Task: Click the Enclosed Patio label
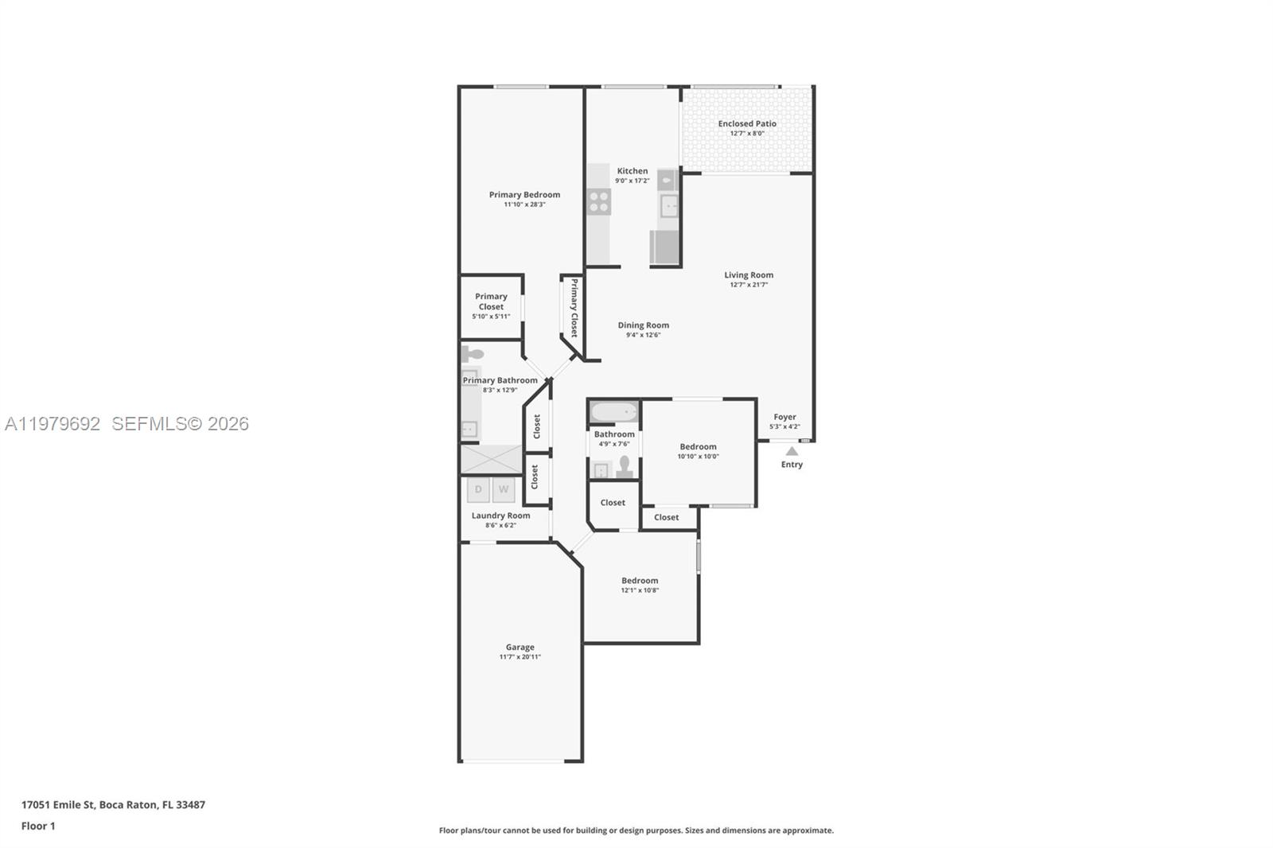point(746,123)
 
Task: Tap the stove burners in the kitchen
point(599,202)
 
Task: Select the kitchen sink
point(669,206)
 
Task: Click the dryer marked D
point(478,489)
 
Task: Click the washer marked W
point(503,489)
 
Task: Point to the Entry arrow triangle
point(792,451)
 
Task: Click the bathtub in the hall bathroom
point(614,412)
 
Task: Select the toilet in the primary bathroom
point(473,353)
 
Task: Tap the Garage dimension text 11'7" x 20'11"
point(520,657)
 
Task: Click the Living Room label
point(748,275)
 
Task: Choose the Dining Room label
point(643,325)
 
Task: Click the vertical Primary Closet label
point(574,308)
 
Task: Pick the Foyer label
point(784,417)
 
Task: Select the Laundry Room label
point(500,515)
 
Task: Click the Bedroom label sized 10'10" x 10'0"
point(698,447)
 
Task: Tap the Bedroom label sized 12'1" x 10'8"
point(640,581)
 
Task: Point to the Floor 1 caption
point(38,826)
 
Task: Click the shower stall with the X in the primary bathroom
point(490,460)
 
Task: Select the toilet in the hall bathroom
point(625,466)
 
